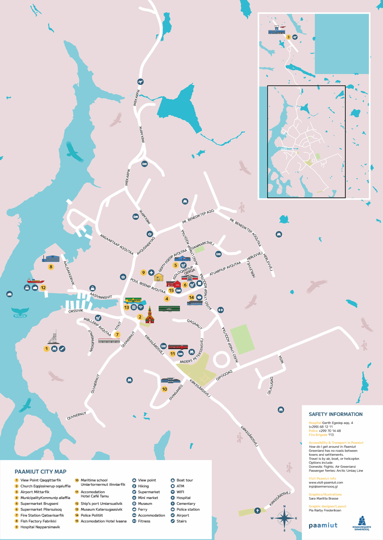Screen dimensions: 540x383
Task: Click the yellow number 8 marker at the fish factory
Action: coord(51,267)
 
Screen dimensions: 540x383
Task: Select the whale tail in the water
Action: coord(20,312)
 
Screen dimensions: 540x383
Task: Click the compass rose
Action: coord(284,518)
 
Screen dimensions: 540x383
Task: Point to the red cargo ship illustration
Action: coord(36,281)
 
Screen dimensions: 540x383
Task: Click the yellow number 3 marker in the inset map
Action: coord(288,37)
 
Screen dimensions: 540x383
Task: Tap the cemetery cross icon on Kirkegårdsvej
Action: coord(257,511)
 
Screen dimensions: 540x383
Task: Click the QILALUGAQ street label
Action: coord(270,385)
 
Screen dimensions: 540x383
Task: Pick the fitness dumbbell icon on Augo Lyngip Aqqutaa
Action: coord(221,310)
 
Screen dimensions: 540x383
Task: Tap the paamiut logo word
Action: coord(323,525)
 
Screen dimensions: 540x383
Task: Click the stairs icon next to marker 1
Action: coord(62,349)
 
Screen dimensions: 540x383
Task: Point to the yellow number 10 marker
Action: coord(165,389)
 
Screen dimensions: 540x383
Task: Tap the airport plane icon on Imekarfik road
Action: coord(141,82)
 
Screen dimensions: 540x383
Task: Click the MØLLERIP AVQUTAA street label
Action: coord(97,327)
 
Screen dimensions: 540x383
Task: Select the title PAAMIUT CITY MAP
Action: coord(41,471)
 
